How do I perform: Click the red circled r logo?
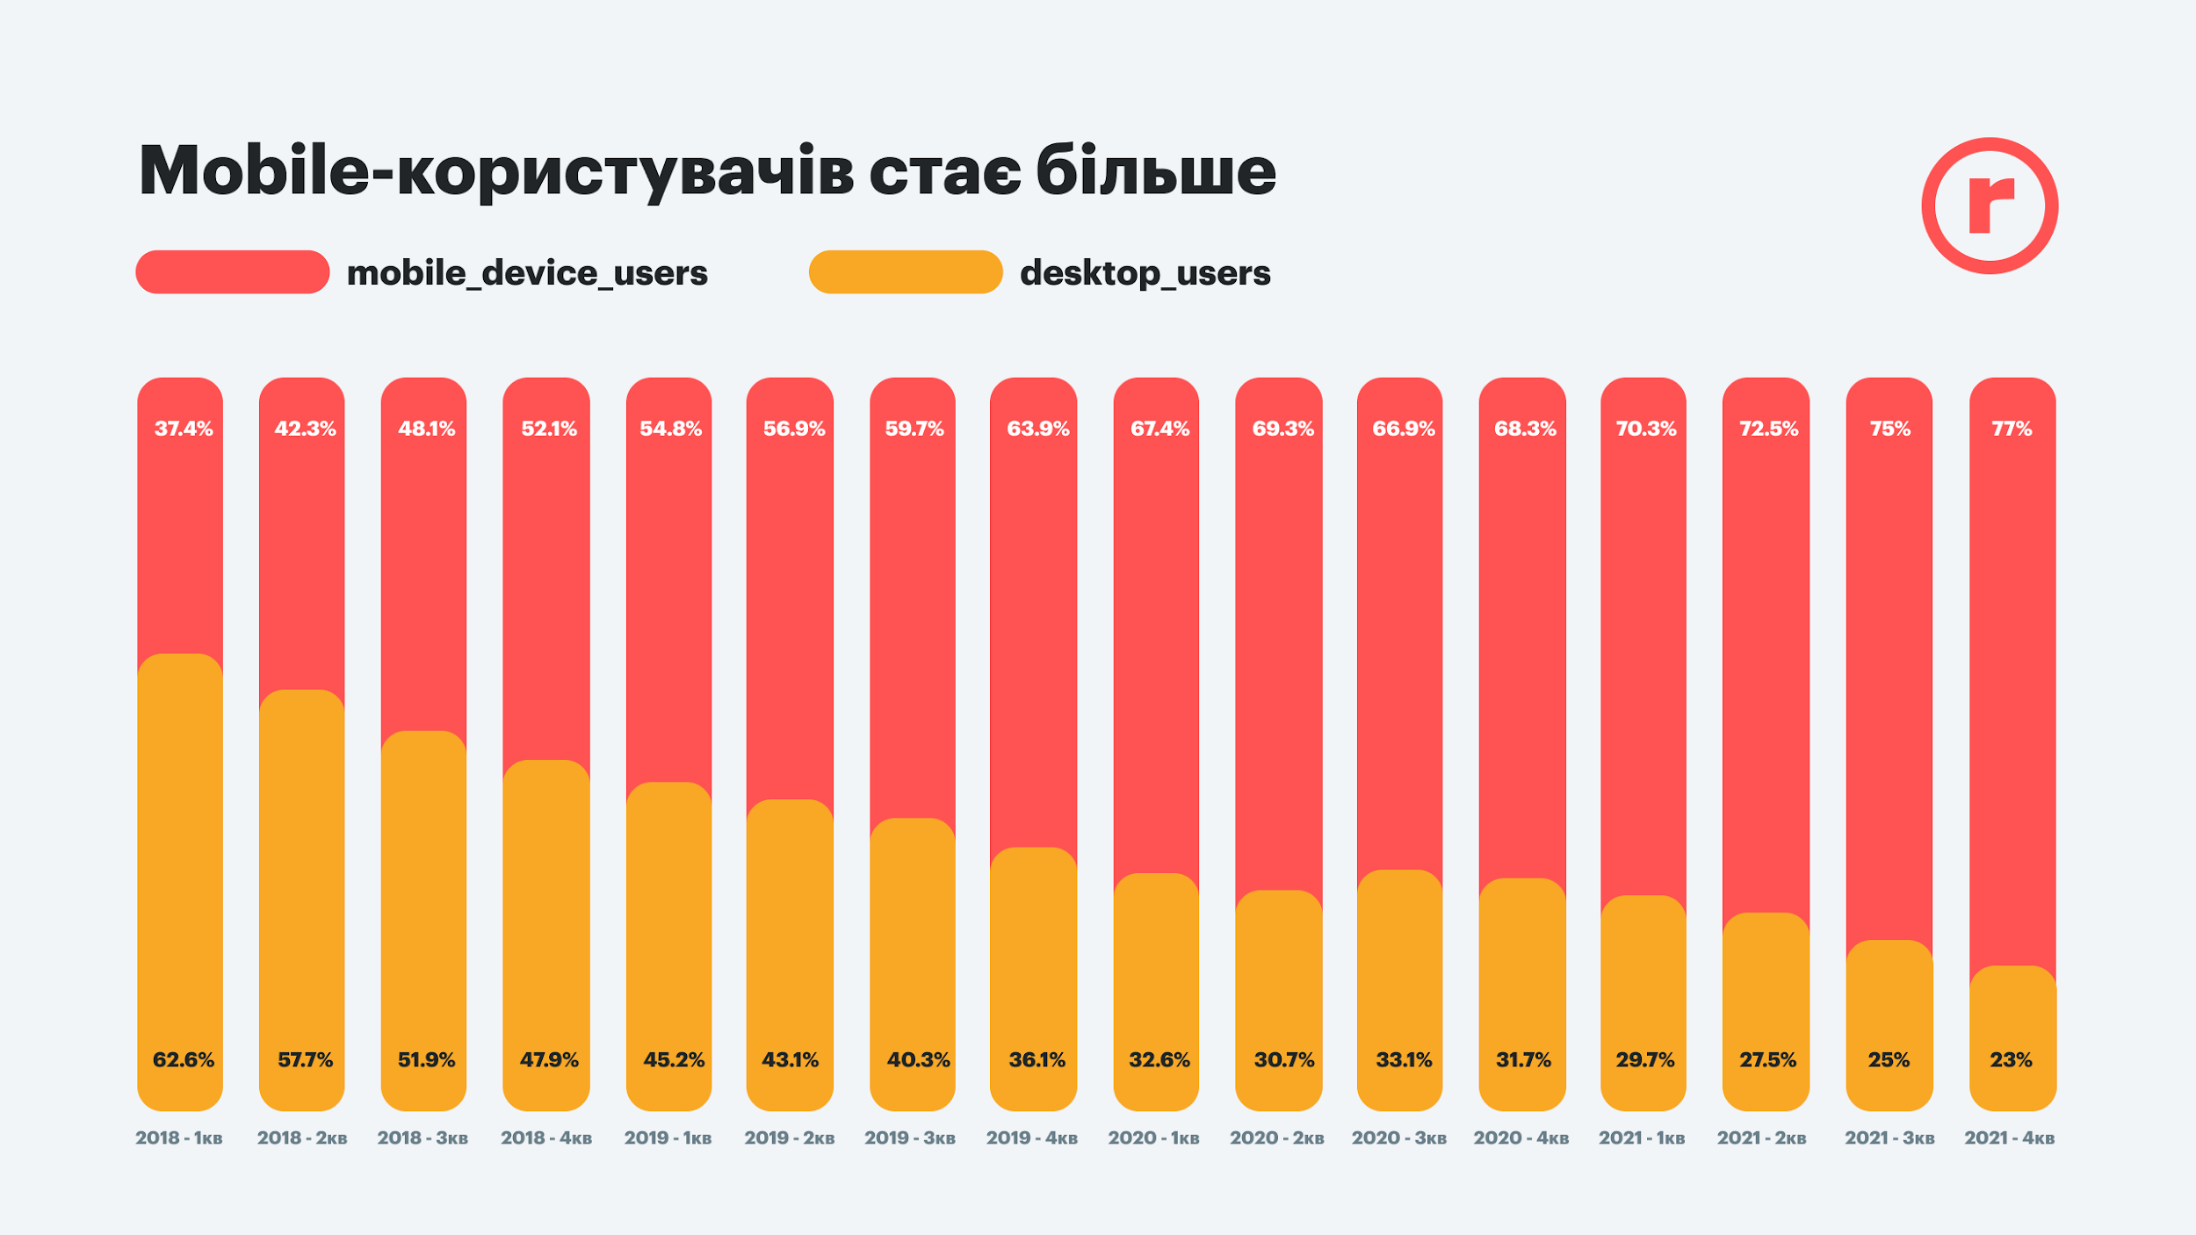tap(1990, 206)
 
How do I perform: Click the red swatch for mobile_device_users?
tap(233, 272)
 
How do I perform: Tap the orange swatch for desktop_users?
tap(906, 272)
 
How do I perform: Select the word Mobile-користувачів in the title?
tap(496, 172)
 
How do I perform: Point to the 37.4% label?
tap(184, 429)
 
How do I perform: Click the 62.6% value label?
tap(184, 1060)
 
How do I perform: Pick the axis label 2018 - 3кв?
tap(423, 1138)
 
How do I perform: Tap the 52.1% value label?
tap(549, 429)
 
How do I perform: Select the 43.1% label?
tap(790, 1060)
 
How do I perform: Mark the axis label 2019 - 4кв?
tap(1032, 1138)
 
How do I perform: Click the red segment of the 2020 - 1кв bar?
tap(1156, 650)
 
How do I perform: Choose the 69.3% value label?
tap(1283, 429)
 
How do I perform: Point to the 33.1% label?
tap(1404, 1060)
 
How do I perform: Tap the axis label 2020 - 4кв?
tap(1521, 1138)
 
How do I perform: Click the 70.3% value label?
tap(1646, 429)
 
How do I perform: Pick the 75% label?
tap(1890, 429)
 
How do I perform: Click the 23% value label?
tap(2012, 1060)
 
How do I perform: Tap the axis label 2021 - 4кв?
tap(2010, 1138)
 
